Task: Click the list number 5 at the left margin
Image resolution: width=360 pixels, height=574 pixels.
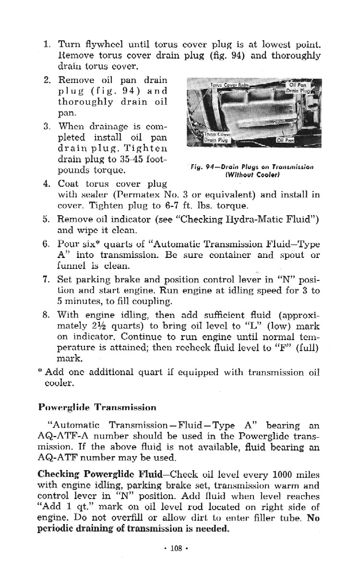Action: coord(48,220)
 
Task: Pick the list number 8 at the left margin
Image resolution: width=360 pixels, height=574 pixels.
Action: coord(48,315)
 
